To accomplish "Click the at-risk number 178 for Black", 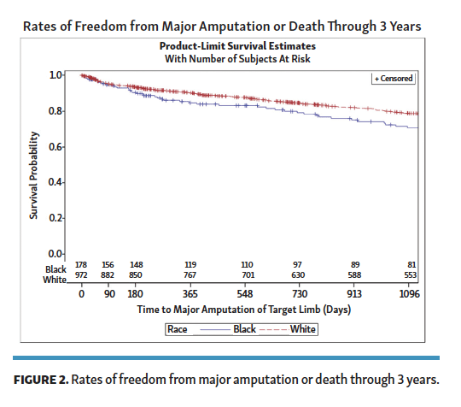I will click(82, 265).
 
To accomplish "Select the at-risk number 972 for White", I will click(82, 275).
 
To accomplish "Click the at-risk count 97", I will click(298, 265).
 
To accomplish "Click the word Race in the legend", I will click(177, 328).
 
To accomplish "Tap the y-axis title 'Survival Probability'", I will click(33, 174).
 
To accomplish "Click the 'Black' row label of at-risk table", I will click(55, 268).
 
